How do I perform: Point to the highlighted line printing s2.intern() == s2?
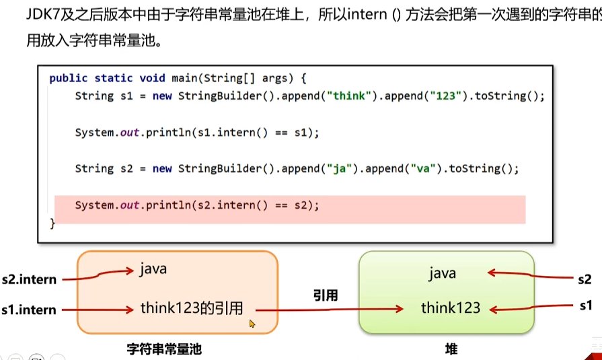tap(196, 205)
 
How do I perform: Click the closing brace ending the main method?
tap(53, 223)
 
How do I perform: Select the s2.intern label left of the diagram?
tap(29, 279)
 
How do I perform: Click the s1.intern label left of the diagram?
tap(29, 310)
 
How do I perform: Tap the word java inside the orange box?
tap(153, 270)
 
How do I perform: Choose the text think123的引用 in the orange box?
tap(192, 308)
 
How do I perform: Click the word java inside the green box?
tap(442, 273)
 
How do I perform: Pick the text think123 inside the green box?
tap(451, 308)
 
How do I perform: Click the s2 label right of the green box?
tap(585, 278)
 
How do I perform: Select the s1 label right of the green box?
tap(586, 306)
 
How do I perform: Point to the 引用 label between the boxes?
tap(325, 295)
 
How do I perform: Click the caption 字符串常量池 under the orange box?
tap(164, 349)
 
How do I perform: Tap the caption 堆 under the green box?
tap(451, 349)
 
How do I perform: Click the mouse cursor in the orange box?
tap(252, 324)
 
